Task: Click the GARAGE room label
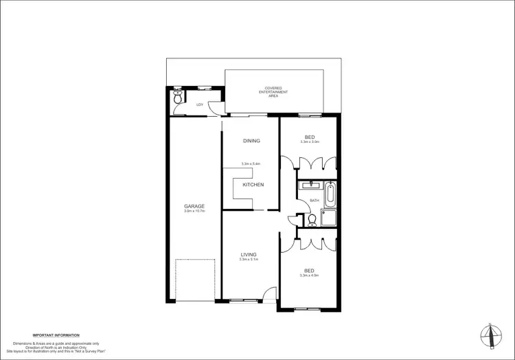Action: pyautogui.click(x=194, y=206)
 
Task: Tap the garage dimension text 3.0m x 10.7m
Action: pyautogui.click(x=194, y=212)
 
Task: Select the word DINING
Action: pyautogui.click(x=251, y=141)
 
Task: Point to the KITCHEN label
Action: pyautogui.click(x=253, y=185)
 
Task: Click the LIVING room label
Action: pyautogui.click(x=248, y=254)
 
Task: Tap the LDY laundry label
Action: pyautogui.click(x=200, y=104)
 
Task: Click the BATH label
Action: pyautogui.click(x=314, y=201)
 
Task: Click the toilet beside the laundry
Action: pyautogui.click(x=178, y=99)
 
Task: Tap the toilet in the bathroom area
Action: pyautogui.click(x=311, y=220)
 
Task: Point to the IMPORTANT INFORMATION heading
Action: pyautogui.click(x=56, y=335)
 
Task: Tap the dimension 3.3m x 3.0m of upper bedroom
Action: pyautogui.click(x=310, y=142)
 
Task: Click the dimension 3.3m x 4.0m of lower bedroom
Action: pyautogui.click(x=310, y=275)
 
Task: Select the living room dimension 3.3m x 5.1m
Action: pyautogui.click(x=248, y=260)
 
